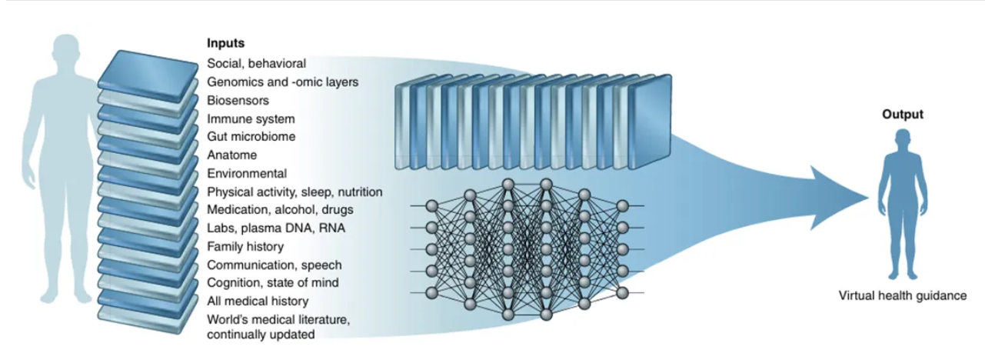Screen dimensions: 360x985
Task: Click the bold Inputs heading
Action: tap(225, 44)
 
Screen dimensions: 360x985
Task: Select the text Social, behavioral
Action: tap(257, 63)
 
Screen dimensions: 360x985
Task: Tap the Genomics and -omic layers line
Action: tap(282, 82)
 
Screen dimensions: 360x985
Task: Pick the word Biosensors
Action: tap(238, 100)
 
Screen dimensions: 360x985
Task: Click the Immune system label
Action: tap(251, 118)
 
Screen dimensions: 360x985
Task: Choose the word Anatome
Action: tap(231, 155)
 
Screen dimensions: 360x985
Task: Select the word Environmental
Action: tap(247, 173)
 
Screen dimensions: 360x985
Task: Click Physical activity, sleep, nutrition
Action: tap(295, 192)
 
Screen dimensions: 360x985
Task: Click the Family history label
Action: tap(245, 246)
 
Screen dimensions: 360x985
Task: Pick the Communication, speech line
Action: tap(275, 265)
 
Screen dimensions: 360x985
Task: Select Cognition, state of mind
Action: tap(272, 282)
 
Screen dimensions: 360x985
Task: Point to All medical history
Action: tap(258, 301)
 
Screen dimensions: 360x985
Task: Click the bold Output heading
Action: tap(902, 114)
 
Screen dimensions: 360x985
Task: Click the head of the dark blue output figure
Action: tap(901, 139)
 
